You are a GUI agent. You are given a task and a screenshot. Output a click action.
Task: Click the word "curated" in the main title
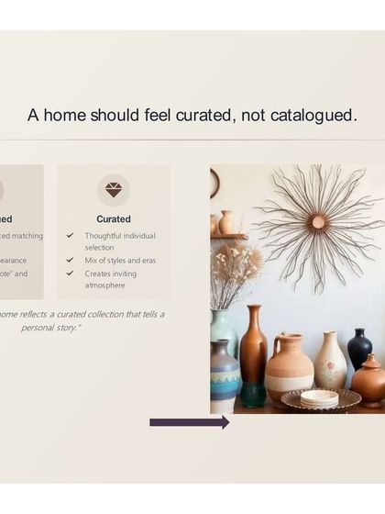202,116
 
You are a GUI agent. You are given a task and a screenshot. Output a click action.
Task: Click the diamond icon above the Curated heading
114,190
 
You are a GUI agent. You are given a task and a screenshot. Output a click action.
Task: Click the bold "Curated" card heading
114,219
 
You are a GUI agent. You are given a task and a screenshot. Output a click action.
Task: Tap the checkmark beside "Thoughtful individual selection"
70,236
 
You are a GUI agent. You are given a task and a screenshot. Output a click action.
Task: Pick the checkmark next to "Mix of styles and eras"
70,261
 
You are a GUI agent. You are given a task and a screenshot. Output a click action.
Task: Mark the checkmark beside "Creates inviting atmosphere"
70,274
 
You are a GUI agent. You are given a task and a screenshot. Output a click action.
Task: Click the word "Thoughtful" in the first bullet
104,236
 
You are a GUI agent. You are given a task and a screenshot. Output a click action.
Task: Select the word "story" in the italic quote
67,328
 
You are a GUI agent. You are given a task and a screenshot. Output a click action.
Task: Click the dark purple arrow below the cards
189,422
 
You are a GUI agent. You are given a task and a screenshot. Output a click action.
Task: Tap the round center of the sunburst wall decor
318,221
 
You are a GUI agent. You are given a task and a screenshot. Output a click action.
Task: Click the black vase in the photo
359,349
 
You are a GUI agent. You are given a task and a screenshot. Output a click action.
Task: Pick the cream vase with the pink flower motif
330,363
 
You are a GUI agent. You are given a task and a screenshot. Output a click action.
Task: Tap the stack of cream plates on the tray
319,397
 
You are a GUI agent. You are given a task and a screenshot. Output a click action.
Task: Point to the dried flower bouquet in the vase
235,271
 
